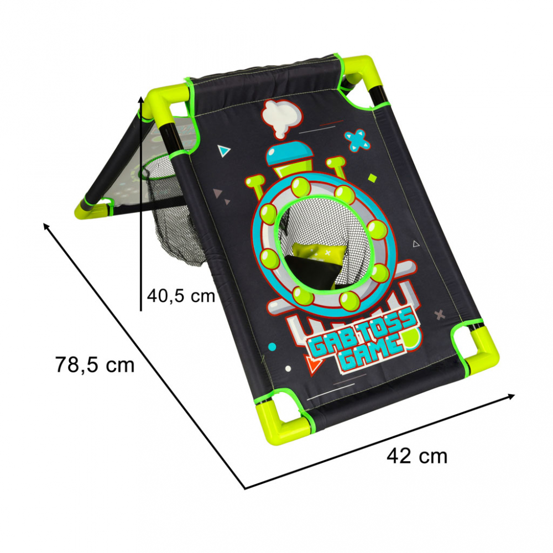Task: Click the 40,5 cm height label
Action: point(181,295)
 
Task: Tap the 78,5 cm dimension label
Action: point(95,364)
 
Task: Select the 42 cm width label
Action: point(417,456)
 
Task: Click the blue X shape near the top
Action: point(357,140)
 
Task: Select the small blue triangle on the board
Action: point(223,150)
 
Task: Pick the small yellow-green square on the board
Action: point(372,178)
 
